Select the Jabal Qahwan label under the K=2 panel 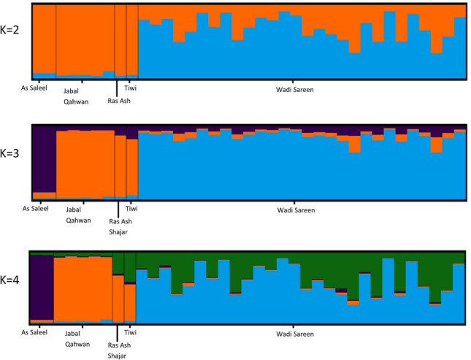tap(76, 96)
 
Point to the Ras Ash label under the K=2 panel tap(120, 101)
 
